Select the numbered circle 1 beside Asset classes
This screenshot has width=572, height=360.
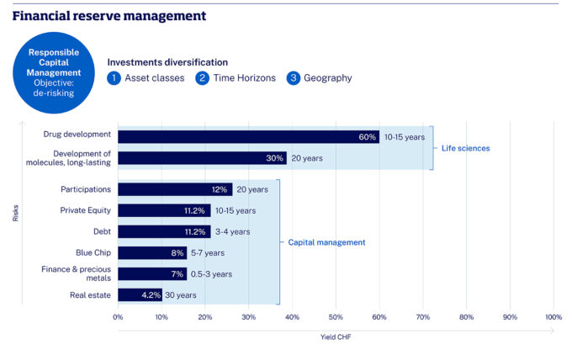pos(114,78)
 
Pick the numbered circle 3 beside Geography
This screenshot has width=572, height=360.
pos(294,78)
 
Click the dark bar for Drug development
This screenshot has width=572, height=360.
pos(248,136)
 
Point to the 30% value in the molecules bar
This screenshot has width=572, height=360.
pos(274,158)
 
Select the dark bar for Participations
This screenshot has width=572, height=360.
pos(175,190)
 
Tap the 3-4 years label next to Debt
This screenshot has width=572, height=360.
pos(233,232)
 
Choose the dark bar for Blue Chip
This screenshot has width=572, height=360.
pos(152,252)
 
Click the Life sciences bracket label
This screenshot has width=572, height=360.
pos(465,148)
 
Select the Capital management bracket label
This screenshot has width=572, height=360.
pos(326,242)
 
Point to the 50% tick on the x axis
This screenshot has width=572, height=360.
pos(335,317)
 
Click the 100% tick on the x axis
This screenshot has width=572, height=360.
pos(553,317)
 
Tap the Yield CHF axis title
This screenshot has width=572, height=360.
pos(336,337)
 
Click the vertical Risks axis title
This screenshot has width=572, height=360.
pos(15,214)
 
